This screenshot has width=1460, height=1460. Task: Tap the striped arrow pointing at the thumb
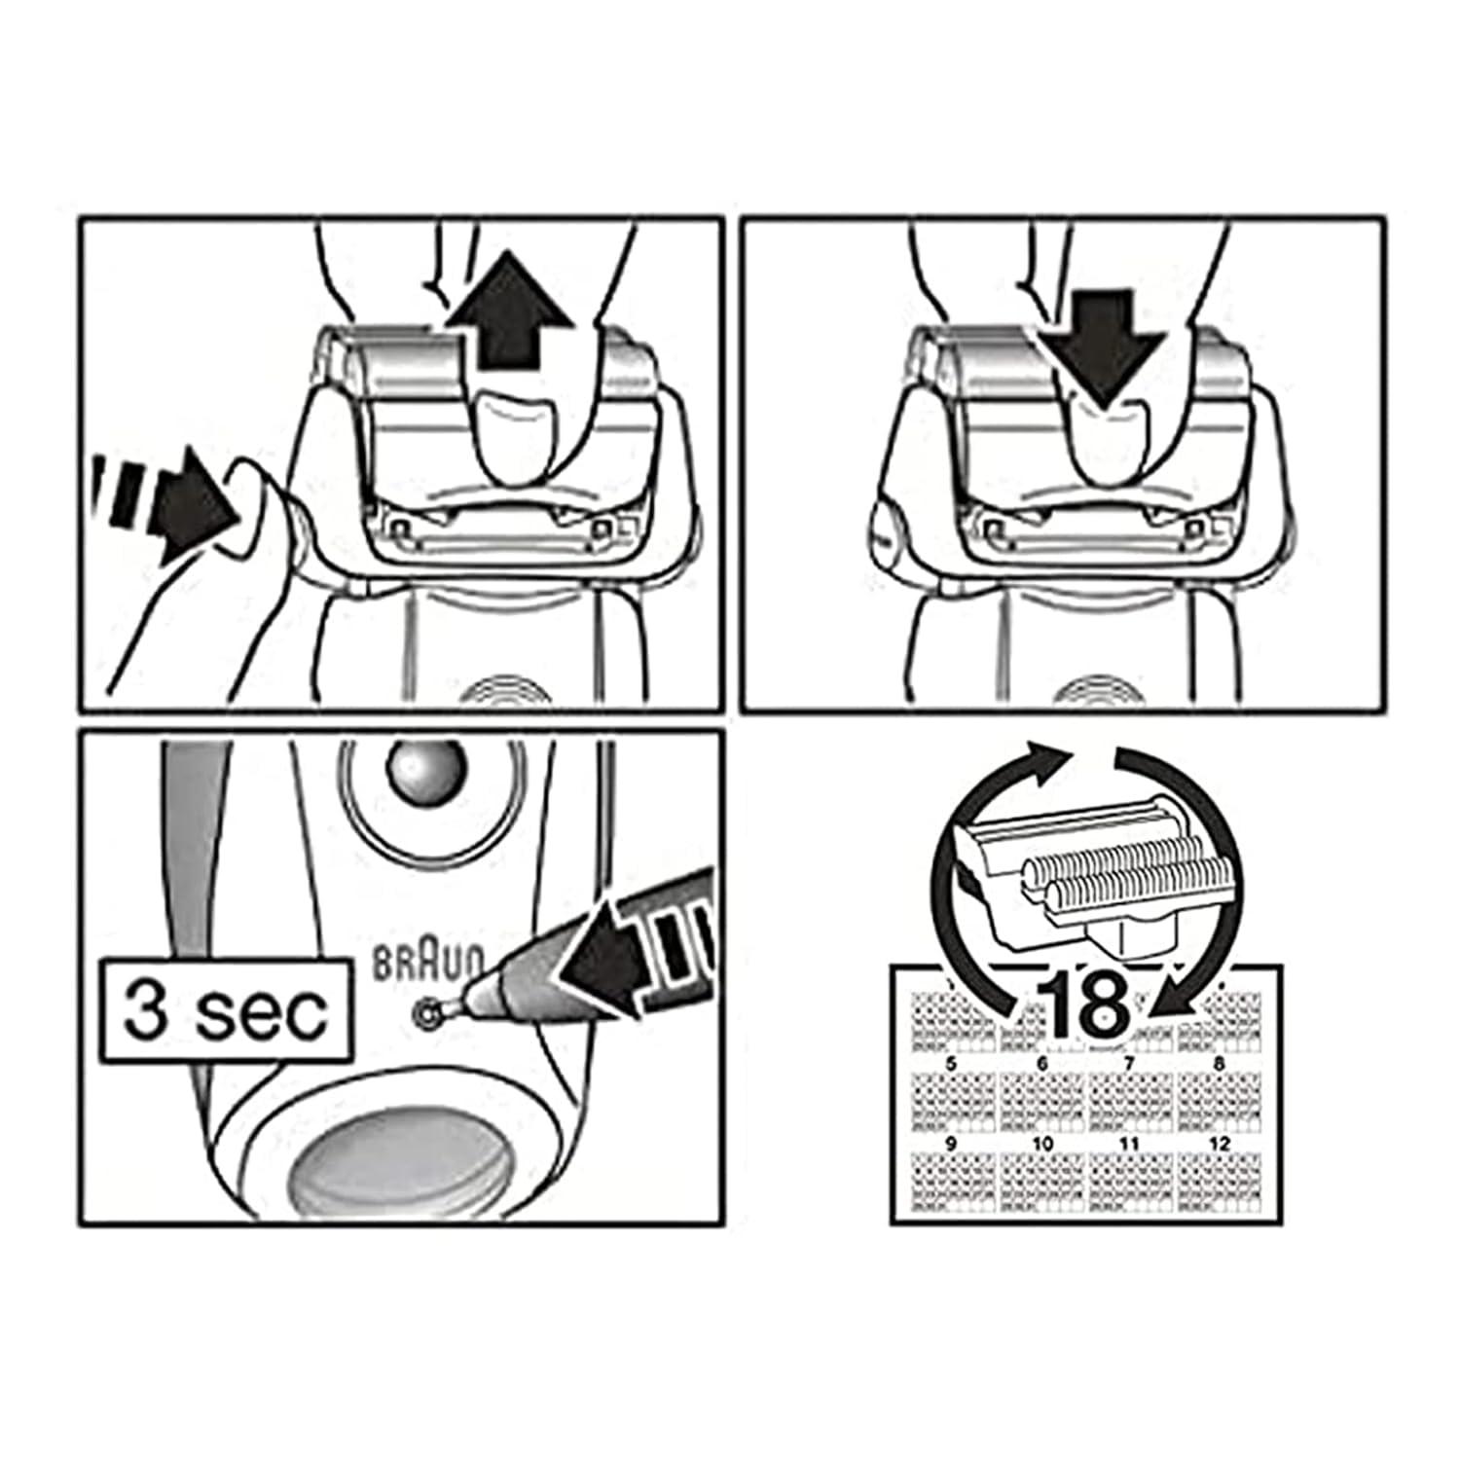[165, 502]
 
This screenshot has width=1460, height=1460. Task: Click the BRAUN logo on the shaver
[428, 963]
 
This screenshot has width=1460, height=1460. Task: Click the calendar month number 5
[951, 1065]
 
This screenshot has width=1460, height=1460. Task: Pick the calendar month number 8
[1220, 1065]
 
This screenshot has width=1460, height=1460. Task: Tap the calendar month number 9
[951, 1144]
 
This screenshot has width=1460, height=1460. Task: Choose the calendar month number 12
[1220, 1144]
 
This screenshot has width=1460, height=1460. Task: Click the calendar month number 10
[1041, 1144]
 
